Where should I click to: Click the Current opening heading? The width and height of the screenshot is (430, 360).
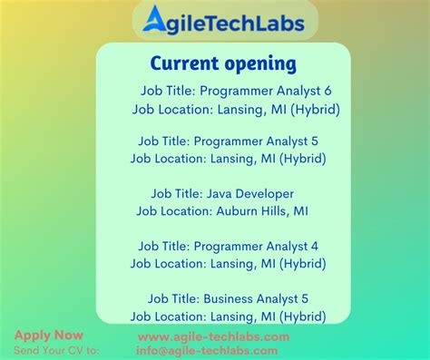click(x=223, y=63)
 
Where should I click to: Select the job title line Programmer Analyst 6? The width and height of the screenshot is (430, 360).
click(x=236, y=91)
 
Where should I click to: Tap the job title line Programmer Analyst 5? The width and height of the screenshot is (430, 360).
click(x=228, y=141)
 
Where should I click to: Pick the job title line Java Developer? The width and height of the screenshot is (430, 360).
click(x=222, y=193)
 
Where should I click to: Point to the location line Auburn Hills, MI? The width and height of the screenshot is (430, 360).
click(x=222, y=210)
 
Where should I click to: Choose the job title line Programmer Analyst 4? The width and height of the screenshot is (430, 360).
click(x=228, y=246)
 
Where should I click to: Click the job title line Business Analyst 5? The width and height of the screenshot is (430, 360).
click(x=228, y=298)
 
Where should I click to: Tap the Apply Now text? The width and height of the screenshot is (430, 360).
click(x=48, y=335)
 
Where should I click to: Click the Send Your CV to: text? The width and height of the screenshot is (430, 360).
click(x=56, y=349)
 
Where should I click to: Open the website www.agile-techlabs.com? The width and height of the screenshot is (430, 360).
click(x=214, y=336)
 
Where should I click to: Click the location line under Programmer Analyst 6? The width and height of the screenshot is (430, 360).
click(x=236, y=108)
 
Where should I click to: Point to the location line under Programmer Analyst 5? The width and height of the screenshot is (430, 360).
click(x=228, y=159)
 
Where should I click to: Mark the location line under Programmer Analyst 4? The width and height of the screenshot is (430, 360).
click(x=228, y=263)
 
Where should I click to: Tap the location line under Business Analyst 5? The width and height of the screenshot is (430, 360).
click(x=228, y=316)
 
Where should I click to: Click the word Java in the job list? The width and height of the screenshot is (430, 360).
click(x=221, y=193)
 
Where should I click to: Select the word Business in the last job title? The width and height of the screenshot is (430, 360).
click(x=230, y=298)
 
